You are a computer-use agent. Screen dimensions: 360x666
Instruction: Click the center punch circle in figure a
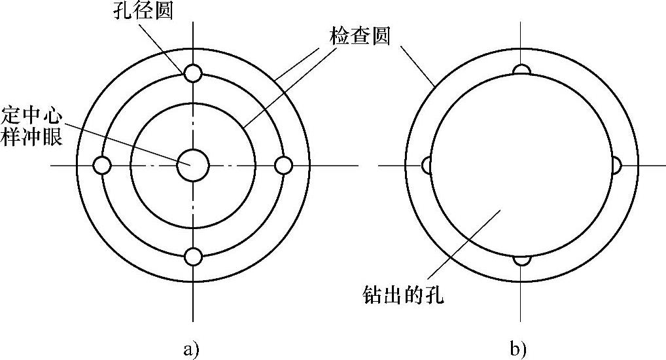point(193,165)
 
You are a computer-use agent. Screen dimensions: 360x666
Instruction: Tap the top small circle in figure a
point(192,73)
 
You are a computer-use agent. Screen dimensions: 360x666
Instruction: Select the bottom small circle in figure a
point(192,257)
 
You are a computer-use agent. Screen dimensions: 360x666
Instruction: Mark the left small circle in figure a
point(101,166)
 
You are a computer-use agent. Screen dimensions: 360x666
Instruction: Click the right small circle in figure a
point(283,166)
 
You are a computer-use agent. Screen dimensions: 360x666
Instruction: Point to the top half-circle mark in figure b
point(521,69)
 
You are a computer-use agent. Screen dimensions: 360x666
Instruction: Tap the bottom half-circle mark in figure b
point(521,260)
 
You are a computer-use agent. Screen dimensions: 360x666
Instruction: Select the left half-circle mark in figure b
point(427,166)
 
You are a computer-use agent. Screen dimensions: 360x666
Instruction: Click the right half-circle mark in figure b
point(616,166)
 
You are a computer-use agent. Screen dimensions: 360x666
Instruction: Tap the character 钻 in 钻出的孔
point(372,295)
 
